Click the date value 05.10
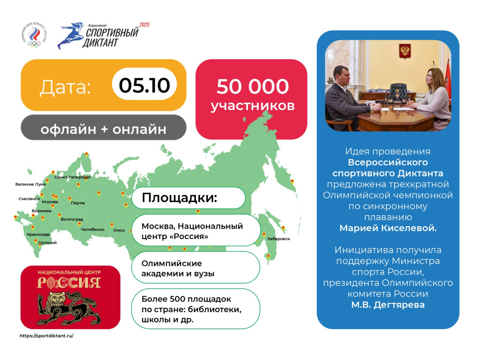[144, 85]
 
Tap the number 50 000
[253, 86]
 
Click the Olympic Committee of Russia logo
[34, 35]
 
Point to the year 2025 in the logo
[144, 25]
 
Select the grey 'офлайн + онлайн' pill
[104, 127]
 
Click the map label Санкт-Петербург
[73, 177]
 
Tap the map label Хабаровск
[278, 239]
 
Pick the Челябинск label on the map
[93, 229]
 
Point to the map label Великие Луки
[30, 184]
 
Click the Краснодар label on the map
[38, 234]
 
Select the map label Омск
[119, 230]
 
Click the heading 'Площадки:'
[180, 198]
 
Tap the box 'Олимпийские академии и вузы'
[195, 267]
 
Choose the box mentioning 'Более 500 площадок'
[195, 308]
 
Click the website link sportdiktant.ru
[46, 336]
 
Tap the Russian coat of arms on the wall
[405, 50]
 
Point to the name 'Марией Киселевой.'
[388, 228]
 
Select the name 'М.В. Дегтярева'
[388, 305]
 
